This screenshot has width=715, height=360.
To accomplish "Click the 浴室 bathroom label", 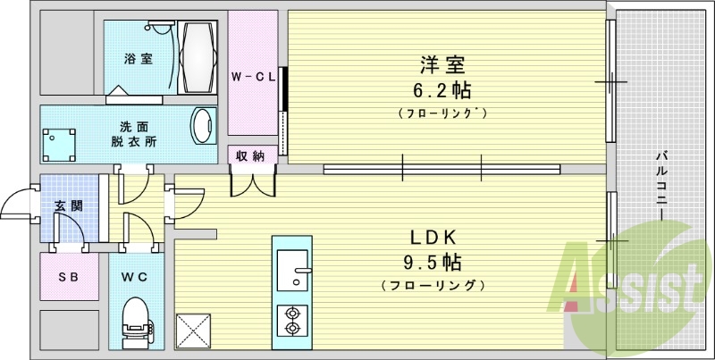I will coord(138,60).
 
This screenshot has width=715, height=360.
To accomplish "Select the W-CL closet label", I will coord(253,77).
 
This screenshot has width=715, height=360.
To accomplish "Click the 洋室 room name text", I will coord(443,64).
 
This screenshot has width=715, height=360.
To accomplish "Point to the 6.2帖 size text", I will coord(443,90).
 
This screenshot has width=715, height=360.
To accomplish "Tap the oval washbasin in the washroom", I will coord(204,126).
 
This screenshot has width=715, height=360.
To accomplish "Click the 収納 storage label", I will coord(249,155).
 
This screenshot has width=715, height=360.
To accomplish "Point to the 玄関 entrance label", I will coord(68,206).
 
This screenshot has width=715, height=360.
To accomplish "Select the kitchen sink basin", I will coord(291,270).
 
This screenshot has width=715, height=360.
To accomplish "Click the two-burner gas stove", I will coord(291,319).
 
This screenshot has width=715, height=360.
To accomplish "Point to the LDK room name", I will coord(433,238).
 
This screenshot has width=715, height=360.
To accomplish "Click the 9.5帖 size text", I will coord(433,263).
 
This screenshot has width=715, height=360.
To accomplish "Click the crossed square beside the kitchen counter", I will coord(193,329).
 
